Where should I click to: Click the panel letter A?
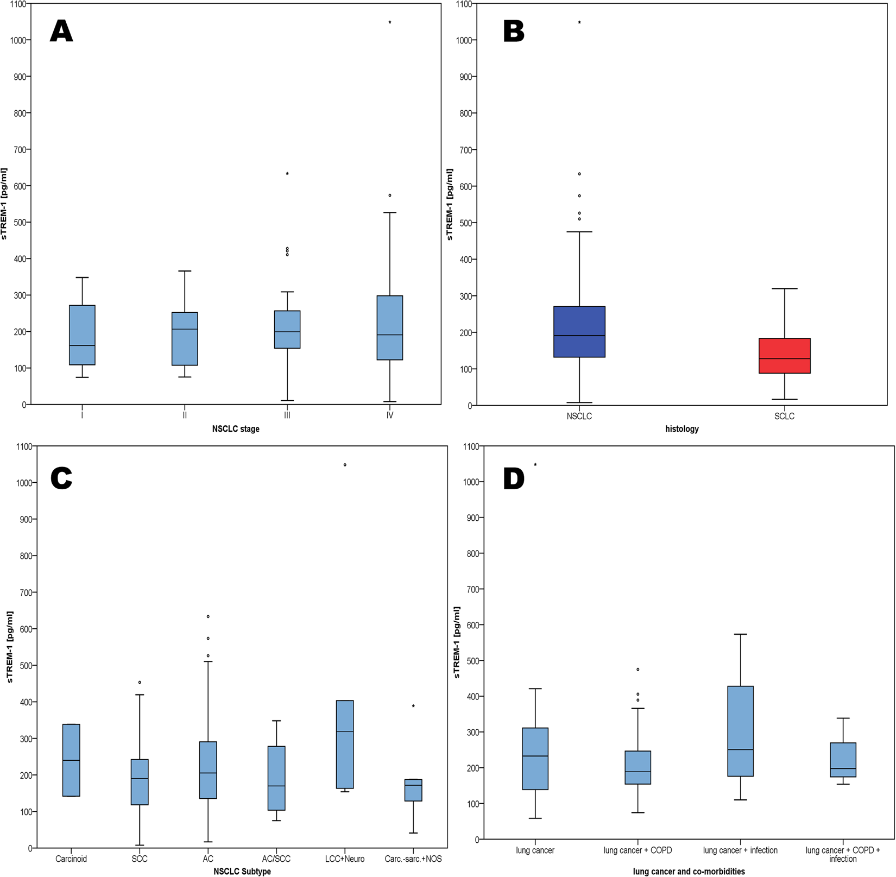click(x=61, y=31)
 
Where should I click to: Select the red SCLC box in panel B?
click(x=784, y=356)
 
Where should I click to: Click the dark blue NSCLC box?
click(x=579, y=332)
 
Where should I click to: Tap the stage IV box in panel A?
click(x=390, y=327)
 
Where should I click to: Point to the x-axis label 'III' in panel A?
click(x=287, y=415)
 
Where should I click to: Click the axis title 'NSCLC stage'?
click(x=236, y=429)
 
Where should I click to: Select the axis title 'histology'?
click(x=682, y=429)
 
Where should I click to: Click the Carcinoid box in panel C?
click(x=71, y=760)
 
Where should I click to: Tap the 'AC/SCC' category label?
click(x=276, y=859)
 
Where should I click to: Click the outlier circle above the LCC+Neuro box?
click(x=345, y=465)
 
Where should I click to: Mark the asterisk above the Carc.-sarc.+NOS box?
click(x=413, y=706)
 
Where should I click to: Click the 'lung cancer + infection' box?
click(x=740, y=731)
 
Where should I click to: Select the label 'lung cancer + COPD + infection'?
click(x=842, y=854)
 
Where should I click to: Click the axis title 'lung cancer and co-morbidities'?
click(x=689, y=872)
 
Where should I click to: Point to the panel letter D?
click(x=514, y=478)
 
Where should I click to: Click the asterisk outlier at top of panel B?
click(x=579, y=23)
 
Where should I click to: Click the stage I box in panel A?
click(x=82, y=335)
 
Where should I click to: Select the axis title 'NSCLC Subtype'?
click(x=242, y=872)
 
